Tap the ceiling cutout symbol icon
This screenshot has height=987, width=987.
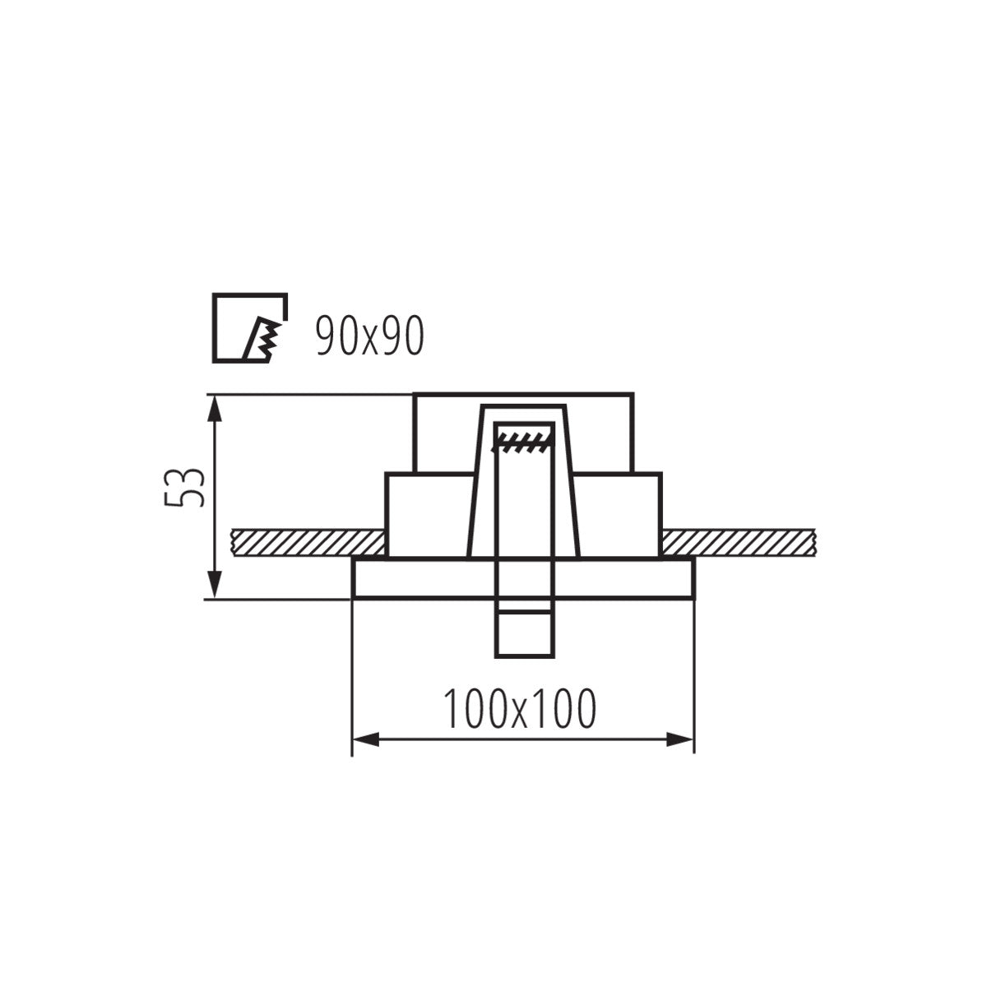click(250, 327)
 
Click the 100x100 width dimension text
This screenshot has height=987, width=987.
click(519, 709)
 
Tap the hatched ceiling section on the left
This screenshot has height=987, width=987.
click(308, 542)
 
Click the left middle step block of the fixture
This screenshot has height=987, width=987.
click(428, 514)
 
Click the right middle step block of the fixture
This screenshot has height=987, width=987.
click(619, 514)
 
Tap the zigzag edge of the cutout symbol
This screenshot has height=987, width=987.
click(267, 337)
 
